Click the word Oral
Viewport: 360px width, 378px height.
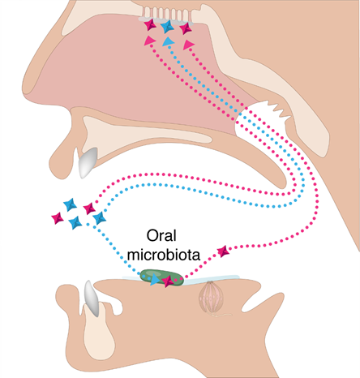[x=161, y=236]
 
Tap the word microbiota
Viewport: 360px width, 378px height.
[x=164, y=255]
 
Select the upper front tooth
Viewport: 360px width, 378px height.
[x=87, y=162]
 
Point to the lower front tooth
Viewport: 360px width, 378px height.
[x=92, y=299]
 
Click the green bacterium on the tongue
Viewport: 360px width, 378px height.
[x=161, y=277]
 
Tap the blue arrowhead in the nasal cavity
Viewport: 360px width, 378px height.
[x=168, y=41]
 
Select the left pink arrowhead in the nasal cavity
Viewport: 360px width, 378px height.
[x=150, y=41]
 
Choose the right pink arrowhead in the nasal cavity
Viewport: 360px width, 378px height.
[x=188, y=45]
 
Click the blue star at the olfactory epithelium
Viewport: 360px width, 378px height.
[x=166, y=27]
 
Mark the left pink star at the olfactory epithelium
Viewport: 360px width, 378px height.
[x=150, y=25]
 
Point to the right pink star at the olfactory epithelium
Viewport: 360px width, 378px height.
[x=186, y=28]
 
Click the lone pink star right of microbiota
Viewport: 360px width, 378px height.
[x=224, y=251]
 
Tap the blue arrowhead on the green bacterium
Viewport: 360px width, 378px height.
[x=155, y=280]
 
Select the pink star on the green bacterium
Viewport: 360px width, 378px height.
[x=168, y=281]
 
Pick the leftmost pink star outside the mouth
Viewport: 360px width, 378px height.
[x=58, y=218]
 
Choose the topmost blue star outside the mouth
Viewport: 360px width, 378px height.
[x=70, y=204]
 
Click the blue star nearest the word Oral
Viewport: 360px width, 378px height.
[x=99, y=218]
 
